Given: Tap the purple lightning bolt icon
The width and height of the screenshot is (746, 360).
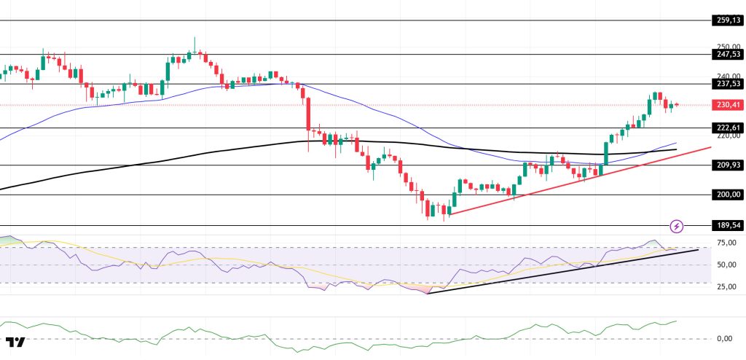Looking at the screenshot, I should point(677,226).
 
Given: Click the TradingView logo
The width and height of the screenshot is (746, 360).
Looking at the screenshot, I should point(15,342).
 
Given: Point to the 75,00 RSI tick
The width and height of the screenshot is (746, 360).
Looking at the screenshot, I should point(725,243).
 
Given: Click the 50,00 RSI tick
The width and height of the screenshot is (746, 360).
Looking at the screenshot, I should point(725,265).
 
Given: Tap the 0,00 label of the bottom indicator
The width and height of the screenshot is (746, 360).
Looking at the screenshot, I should point(725,338).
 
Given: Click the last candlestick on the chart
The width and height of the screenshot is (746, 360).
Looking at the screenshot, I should point(677,105).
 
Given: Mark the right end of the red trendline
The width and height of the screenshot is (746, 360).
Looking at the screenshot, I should point(710,146).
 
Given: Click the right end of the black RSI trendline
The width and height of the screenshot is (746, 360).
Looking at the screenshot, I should point(699,249).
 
